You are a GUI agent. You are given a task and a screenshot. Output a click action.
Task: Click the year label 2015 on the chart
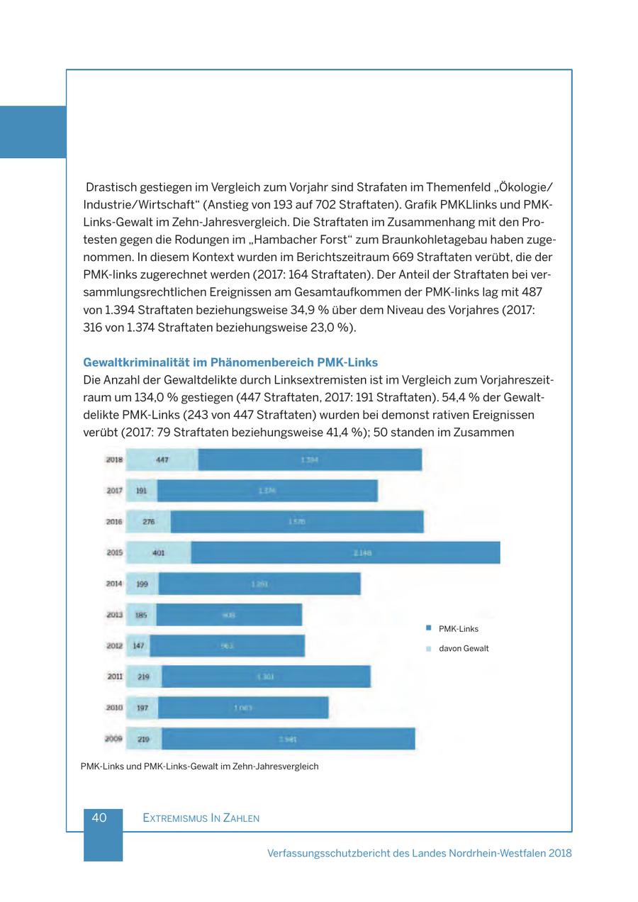click(x=114, y=552)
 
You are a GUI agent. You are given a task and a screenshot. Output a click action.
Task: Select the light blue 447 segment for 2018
click(x=162, y=460)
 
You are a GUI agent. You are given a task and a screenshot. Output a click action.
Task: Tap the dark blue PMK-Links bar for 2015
click(x=345, y=552)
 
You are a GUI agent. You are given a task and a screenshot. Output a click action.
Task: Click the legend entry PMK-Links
click(x=458, y=629)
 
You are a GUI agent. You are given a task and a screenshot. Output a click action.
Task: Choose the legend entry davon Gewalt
click(x=463, y=649)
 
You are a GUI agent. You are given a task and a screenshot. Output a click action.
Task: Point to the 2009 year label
click(x=114, y=739)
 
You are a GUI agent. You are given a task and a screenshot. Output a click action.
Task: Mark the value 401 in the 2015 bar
click(x=159, y=552)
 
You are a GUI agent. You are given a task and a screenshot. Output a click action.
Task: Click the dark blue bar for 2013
click(x=229, y=615)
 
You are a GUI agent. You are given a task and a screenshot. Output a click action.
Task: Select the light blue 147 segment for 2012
click(x=138, y=646)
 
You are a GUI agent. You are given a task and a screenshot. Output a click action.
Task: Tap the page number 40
click(x=99, y=818)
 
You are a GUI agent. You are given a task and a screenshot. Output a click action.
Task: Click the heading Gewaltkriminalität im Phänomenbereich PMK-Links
click(x=230, y=362)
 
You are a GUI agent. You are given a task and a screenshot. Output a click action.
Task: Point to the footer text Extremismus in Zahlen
click(x=201, y=818)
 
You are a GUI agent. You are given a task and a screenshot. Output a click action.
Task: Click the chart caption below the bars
click(x=200, y=767)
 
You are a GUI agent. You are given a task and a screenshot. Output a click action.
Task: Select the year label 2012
click(x=114, y=646)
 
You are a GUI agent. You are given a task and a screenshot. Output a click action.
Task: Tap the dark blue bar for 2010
click(x=243, y=708)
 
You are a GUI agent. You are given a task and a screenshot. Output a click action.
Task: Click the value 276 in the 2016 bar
click(x=149, y=522)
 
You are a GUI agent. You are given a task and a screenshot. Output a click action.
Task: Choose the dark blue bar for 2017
click(x=267, y=491)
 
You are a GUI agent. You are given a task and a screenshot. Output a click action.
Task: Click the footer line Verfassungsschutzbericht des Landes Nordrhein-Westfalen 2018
click(x=419, y=853)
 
